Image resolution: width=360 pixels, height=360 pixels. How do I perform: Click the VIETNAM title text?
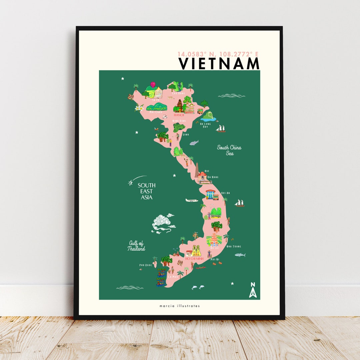219,63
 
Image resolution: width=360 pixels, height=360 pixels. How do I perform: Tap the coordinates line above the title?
218,54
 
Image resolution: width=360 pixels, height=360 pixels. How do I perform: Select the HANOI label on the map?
179,115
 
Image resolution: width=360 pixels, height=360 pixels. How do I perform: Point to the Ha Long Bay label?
205,125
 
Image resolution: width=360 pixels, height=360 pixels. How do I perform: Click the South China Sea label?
229,150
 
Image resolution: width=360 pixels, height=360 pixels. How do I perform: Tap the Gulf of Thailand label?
136,246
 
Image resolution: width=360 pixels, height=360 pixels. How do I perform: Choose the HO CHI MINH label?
194,258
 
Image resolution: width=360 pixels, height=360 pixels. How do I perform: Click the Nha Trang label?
234,246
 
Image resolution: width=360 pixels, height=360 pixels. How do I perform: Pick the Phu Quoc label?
145,265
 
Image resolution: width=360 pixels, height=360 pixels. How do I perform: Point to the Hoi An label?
226,193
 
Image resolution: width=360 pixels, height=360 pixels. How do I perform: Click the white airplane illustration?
192,200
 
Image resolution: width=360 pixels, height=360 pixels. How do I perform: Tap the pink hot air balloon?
153,84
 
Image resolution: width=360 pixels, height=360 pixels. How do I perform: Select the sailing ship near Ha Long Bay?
221,129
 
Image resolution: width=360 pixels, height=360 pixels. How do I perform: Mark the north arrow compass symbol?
253,290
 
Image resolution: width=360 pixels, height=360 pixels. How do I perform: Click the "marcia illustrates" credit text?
179,306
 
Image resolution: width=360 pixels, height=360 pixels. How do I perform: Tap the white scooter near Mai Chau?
165,117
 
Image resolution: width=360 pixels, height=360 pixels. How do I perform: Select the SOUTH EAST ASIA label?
147,191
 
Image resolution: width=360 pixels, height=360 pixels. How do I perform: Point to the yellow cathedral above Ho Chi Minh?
196,250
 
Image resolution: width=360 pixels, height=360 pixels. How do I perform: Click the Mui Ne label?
215,259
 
